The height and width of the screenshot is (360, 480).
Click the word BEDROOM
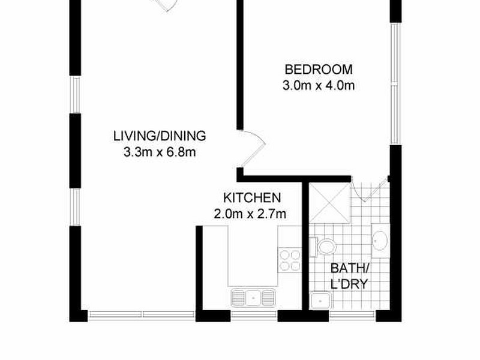click(x=319, y=69)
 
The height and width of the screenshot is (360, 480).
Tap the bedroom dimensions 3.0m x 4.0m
click(x=319, y=85)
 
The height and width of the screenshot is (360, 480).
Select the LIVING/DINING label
click(x=160, y=136)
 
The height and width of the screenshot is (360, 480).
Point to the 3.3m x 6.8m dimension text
click(x=160, y=152)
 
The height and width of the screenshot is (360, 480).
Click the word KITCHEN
click(x=252, y=197)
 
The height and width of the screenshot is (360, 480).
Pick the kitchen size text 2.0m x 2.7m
click(x=250, y=213)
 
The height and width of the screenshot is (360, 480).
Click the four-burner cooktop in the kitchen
click(x=290, y=260)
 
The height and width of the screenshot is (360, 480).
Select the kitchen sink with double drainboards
click(x=253, y=296)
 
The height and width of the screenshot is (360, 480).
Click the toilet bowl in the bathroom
click(x=327, y=247)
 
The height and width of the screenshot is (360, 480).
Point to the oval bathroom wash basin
click(x=380, y=241)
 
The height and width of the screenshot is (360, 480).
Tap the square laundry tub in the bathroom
click(x=322, y=300)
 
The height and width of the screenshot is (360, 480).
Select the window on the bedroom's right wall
click(x=395, y=84)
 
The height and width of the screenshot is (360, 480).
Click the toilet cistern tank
click(x=313, y=246)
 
